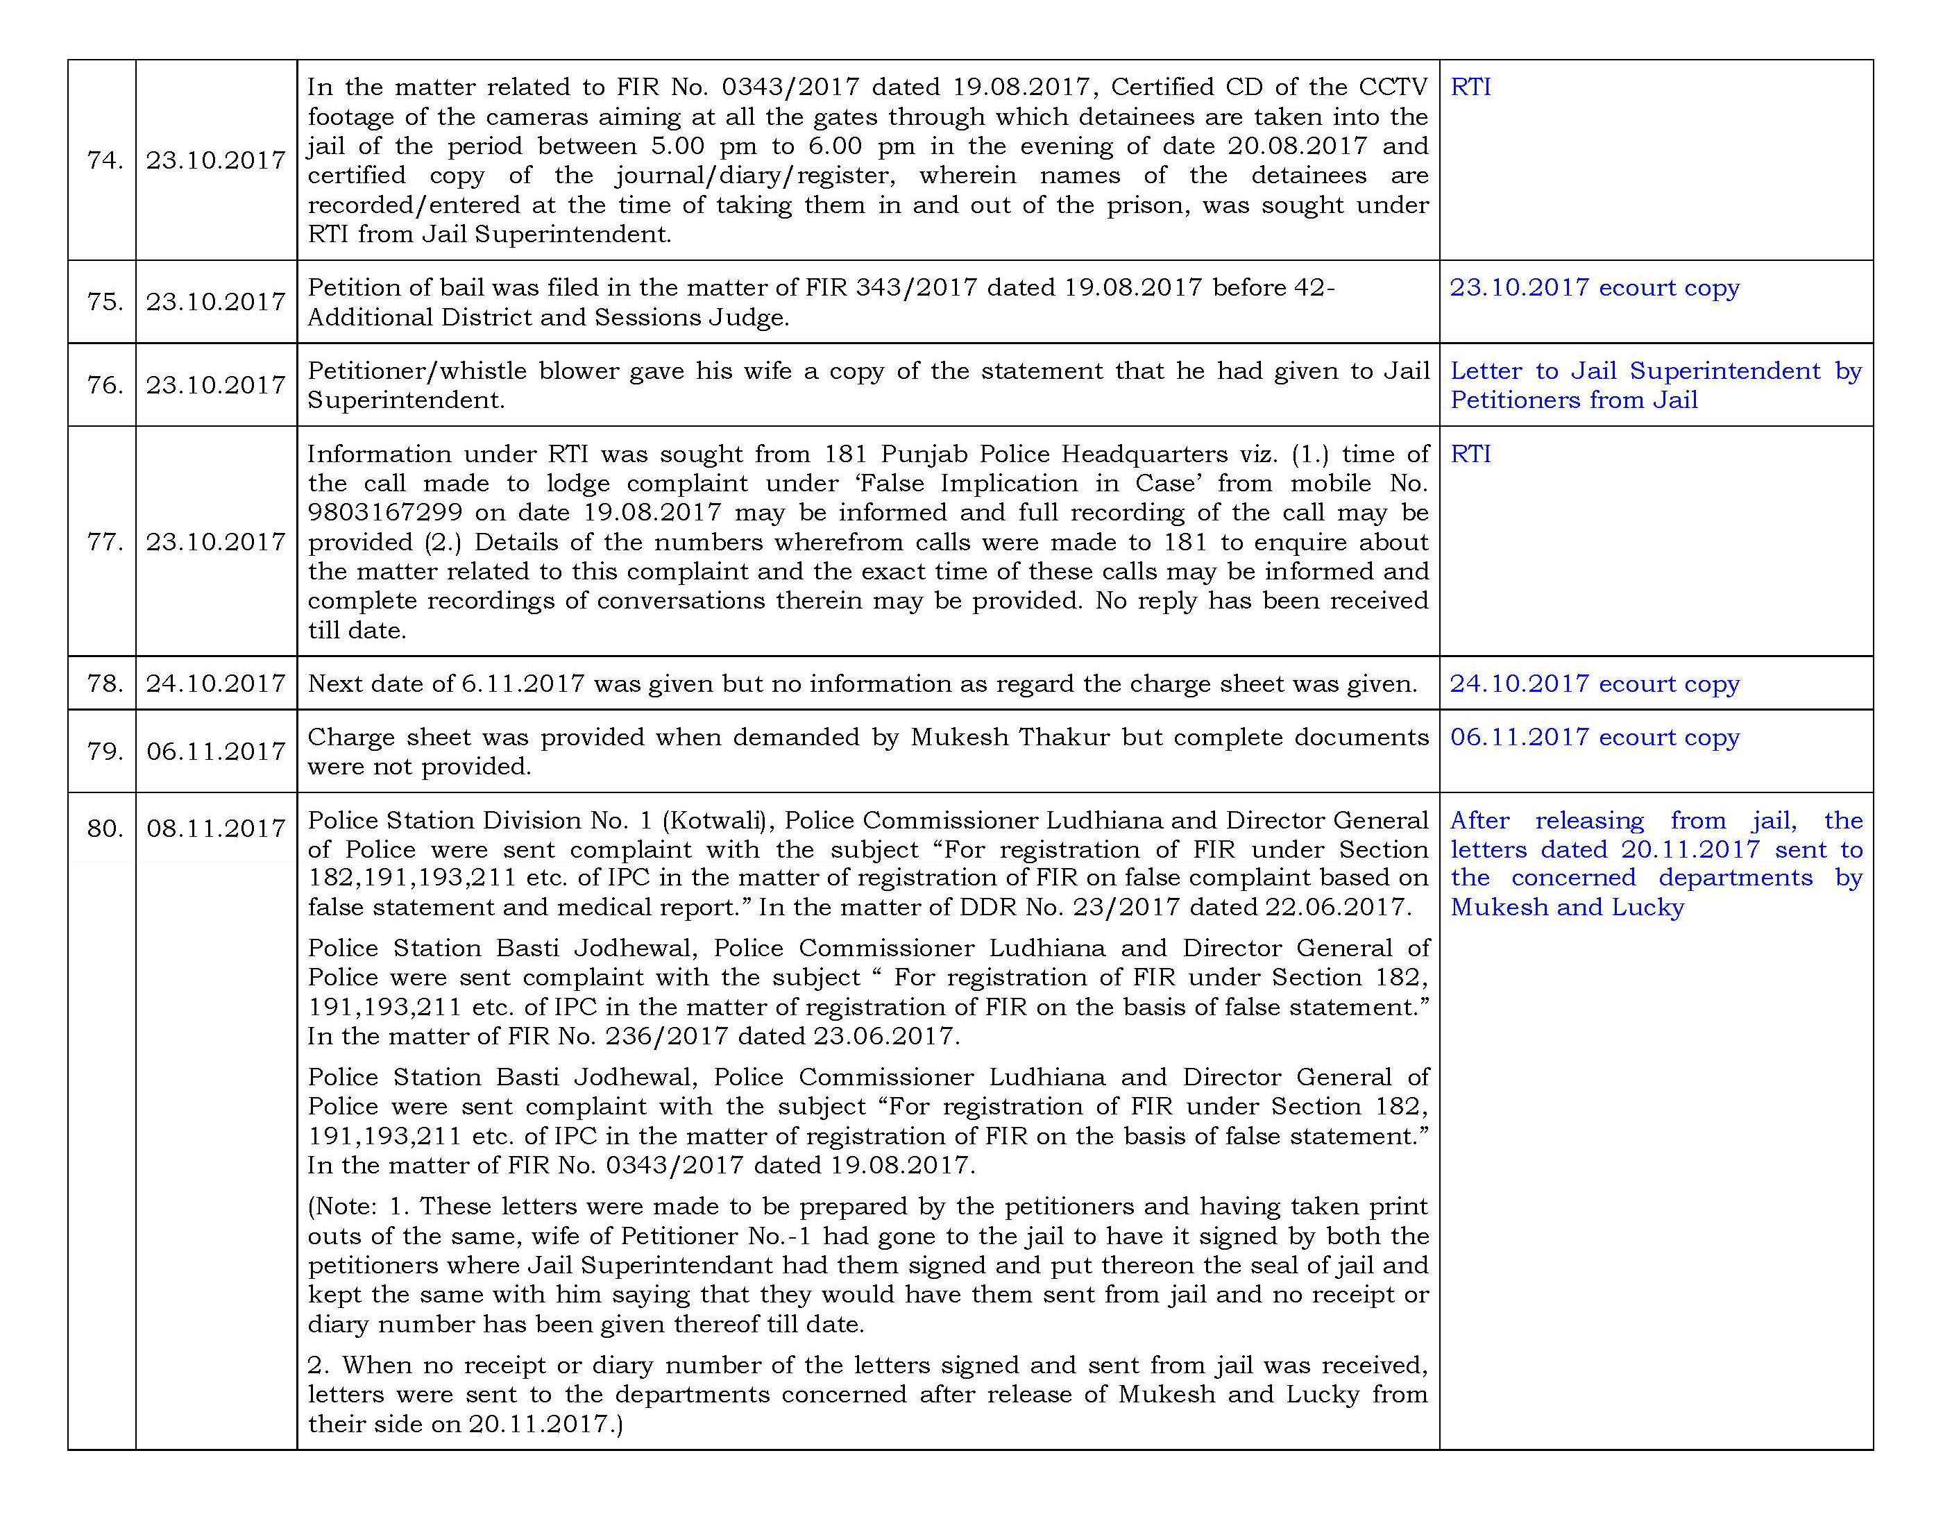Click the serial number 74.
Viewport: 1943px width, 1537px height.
[103, 160]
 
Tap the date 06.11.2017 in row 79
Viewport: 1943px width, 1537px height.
[216, 751]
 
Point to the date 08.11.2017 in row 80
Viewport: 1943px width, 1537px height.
[216, 828]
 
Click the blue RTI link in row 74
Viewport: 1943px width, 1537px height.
[1470, 87]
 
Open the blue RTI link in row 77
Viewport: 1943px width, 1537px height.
[1470, 455]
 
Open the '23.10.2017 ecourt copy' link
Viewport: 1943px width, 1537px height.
[1594, 288]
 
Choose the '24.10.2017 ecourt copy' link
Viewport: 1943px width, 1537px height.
[1594, 684]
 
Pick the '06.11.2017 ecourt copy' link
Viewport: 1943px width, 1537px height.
[1594, 737]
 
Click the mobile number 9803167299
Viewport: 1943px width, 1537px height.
[385, 513]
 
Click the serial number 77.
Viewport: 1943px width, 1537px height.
[103, 542]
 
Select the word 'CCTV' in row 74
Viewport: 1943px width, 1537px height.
[1394, 87]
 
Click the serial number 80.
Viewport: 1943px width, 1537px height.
[103, 828]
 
